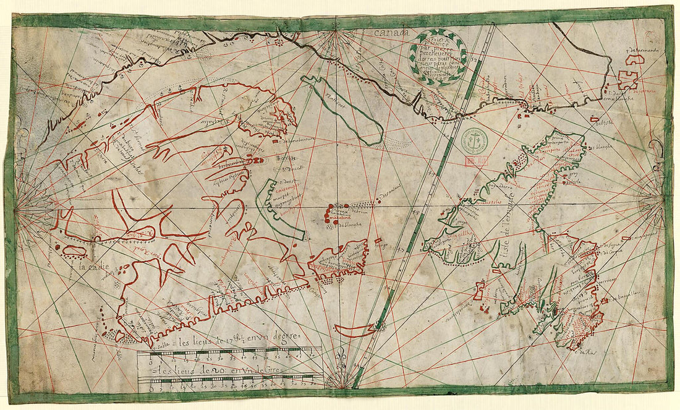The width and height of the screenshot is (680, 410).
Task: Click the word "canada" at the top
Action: [389, 32]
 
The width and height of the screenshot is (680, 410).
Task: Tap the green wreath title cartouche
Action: [438, 56]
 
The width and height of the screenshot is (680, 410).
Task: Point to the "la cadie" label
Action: [93, 267]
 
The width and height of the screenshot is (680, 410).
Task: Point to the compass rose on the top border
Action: [336, 31]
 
